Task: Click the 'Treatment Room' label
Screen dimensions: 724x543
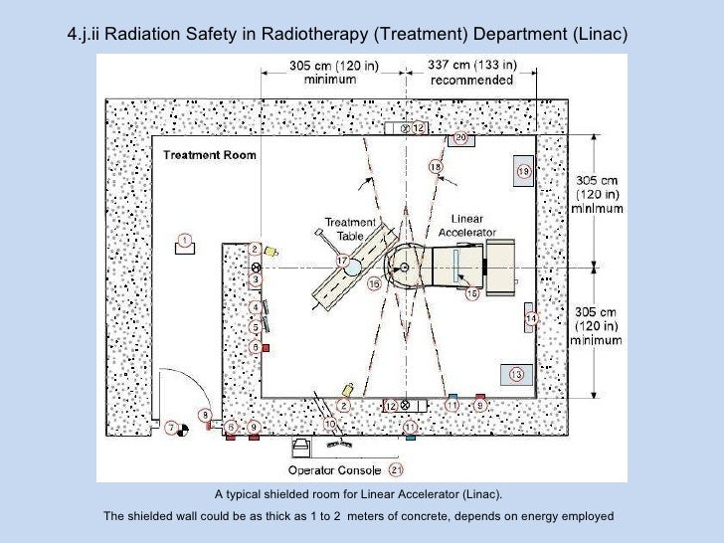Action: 209,155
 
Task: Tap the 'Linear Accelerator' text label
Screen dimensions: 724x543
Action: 467,226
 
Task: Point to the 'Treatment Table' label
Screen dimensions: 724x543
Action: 350,229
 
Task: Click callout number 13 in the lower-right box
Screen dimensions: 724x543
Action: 516,374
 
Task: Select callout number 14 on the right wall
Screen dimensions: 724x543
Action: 531,318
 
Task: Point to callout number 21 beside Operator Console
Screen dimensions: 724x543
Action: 395,469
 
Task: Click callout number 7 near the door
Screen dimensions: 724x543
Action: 172,428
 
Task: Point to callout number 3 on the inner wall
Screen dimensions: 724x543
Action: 256,280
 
